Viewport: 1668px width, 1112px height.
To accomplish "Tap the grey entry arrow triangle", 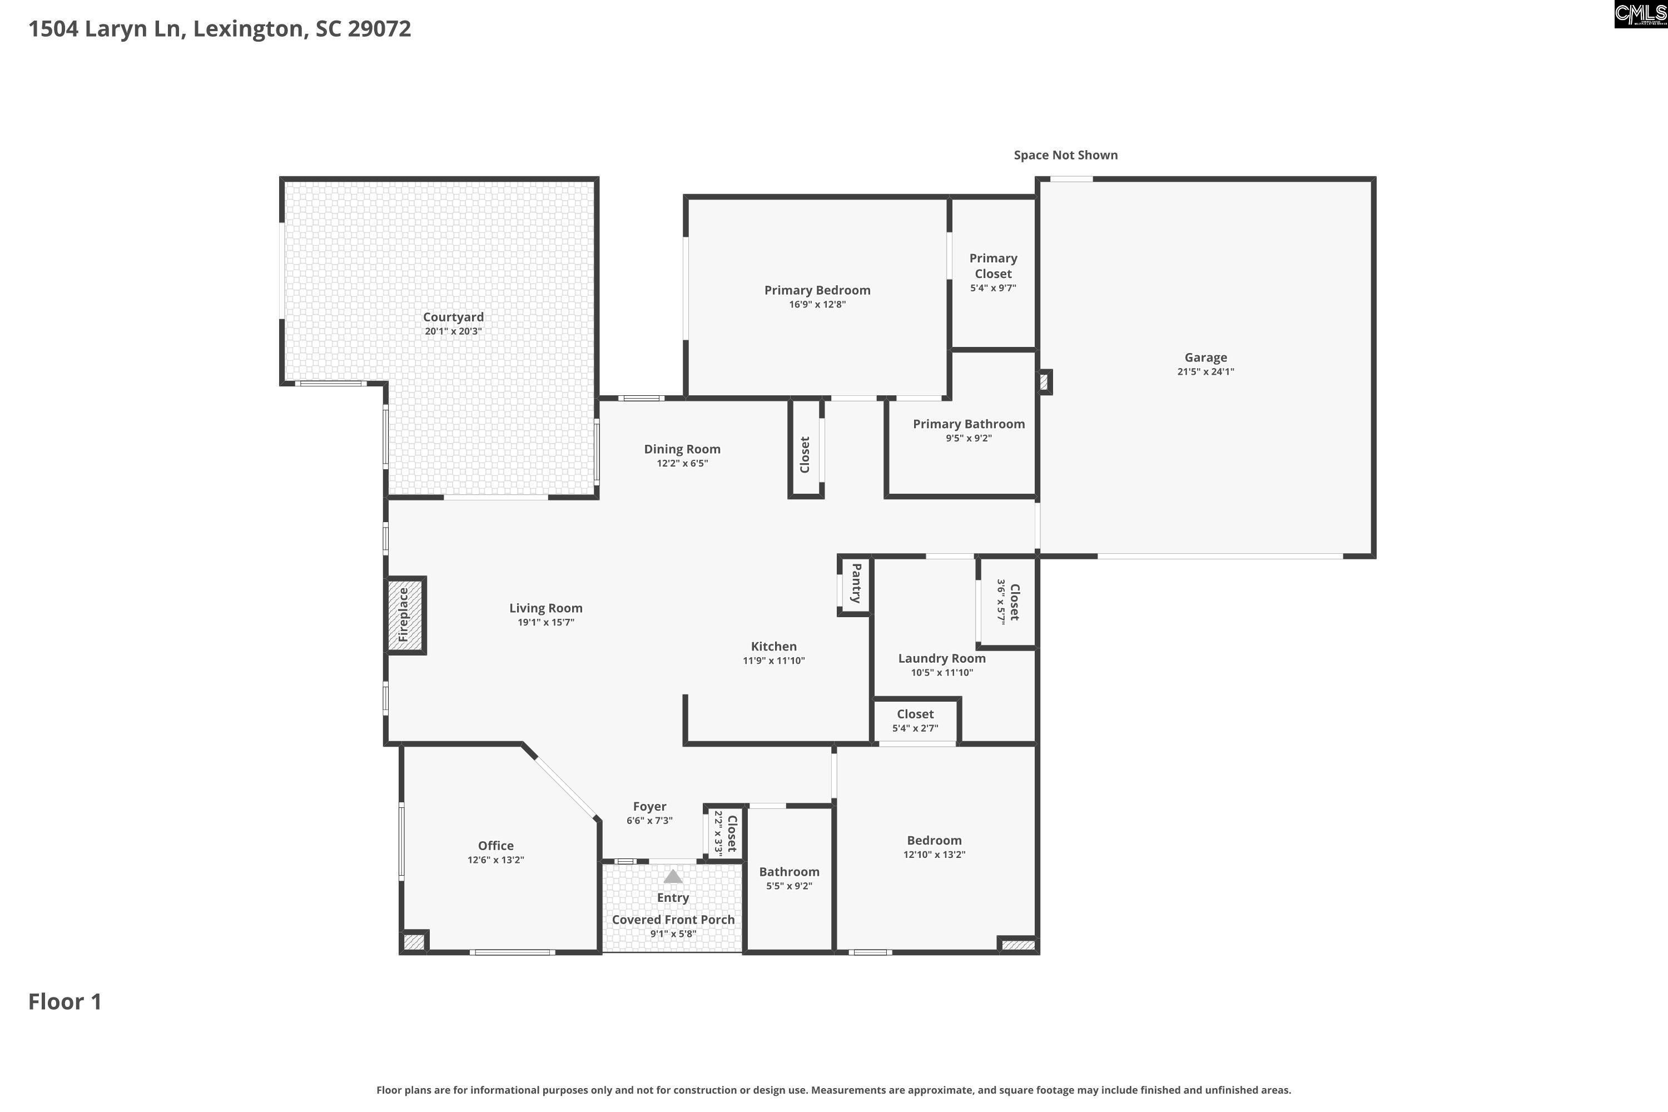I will click(x=672, y=877).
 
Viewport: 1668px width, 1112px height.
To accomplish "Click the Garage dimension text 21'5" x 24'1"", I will click(x=1205, y=371).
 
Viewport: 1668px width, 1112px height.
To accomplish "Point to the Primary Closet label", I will click(x=993, y=266).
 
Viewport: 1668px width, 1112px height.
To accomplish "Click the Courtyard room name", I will click(x=453, y=317).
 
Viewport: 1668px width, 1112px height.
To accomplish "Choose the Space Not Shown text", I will click(x=1065, y=155).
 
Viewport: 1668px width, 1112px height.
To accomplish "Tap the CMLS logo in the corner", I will click(x=1640, y=14).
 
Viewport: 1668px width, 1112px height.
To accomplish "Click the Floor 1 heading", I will click(x=65, y=1001).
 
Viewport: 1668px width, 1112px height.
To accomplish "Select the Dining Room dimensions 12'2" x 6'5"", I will click(x=682, y=464).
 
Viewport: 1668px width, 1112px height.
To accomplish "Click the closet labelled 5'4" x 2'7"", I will click(x=915, y=721).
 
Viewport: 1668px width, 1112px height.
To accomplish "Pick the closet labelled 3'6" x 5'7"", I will click(x=1007, y=602).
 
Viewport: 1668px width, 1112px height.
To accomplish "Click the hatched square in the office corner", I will click(x=414, y=942).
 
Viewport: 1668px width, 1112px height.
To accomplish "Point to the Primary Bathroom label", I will click(x=968, y=424).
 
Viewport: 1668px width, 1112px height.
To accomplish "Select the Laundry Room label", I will click(x=941, y=658).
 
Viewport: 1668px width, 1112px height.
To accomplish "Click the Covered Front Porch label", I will click(x=672, y=920).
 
